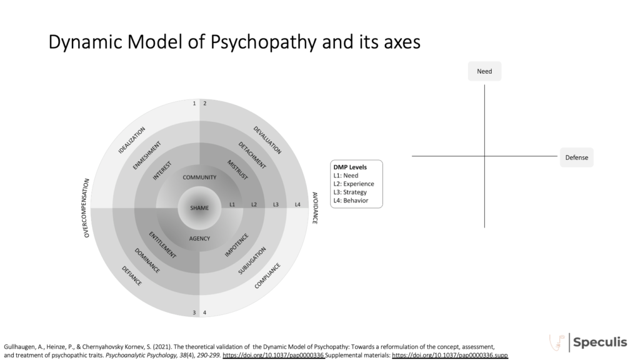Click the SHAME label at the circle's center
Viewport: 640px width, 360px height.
click(199, 207)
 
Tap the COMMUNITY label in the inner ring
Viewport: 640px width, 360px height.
click(199, 177)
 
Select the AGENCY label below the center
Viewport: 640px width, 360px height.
click(199, 238)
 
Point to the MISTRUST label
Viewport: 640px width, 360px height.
click(237, 170)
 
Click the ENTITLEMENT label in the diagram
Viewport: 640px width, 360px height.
click(162, 245)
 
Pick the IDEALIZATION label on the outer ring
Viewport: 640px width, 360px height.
click(131, 140)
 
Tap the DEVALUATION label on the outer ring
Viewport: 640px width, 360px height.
click(267, 140)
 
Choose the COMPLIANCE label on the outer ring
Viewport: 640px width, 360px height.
click(267, 276)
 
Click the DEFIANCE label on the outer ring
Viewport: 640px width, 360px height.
click(131, 276)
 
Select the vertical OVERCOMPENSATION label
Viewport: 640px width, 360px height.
click(86, 207)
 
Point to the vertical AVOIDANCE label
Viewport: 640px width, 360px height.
click(315, 207)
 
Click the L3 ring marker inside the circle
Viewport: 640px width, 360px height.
click(276, 204)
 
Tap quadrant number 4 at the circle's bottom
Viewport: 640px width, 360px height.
click(204, 312)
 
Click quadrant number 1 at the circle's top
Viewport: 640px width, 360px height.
click(194, 103)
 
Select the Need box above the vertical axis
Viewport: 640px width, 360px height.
click(484, 71)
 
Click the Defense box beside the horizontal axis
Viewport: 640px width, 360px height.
click(576, 157)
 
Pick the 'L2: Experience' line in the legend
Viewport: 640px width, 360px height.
click(354, 184)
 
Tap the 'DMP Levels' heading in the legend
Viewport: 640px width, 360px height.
click(350, 167)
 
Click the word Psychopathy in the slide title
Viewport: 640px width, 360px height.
click(263, 42)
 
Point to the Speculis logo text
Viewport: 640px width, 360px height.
click(600, 342)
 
